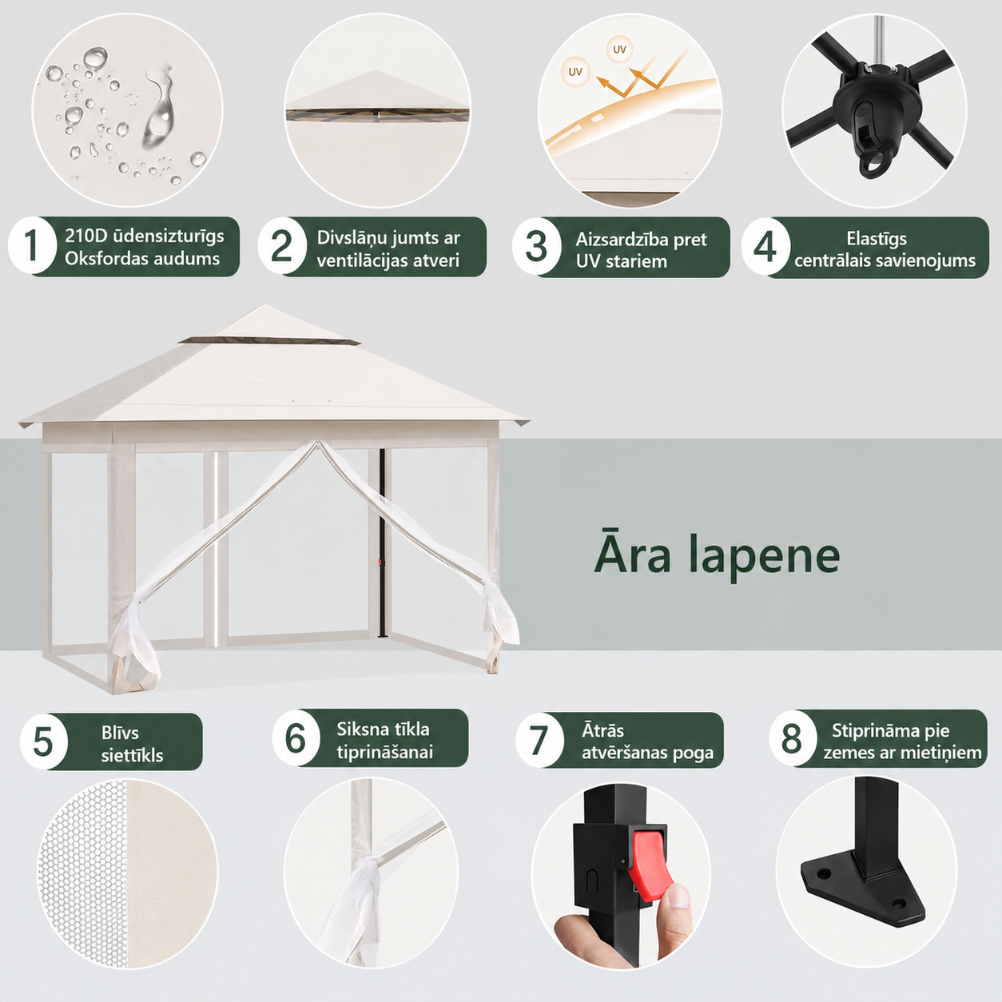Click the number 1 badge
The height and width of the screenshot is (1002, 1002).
pos(32,245)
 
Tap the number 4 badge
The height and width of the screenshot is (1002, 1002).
pos(765,246)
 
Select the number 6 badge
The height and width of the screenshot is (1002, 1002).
pos(296,738)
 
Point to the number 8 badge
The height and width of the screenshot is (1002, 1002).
pos(792,738)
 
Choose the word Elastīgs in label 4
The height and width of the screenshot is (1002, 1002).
pos(877,239)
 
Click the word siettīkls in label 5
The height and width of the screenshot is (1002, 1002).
pos(132,756)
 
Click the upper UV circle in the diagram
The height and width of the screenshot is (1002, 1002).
pos(619,50)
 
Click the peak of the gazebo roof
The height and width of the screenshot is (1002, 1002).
pos(264,306)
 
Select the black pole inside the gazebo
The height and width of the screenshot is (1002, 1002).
pos(383,543)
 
